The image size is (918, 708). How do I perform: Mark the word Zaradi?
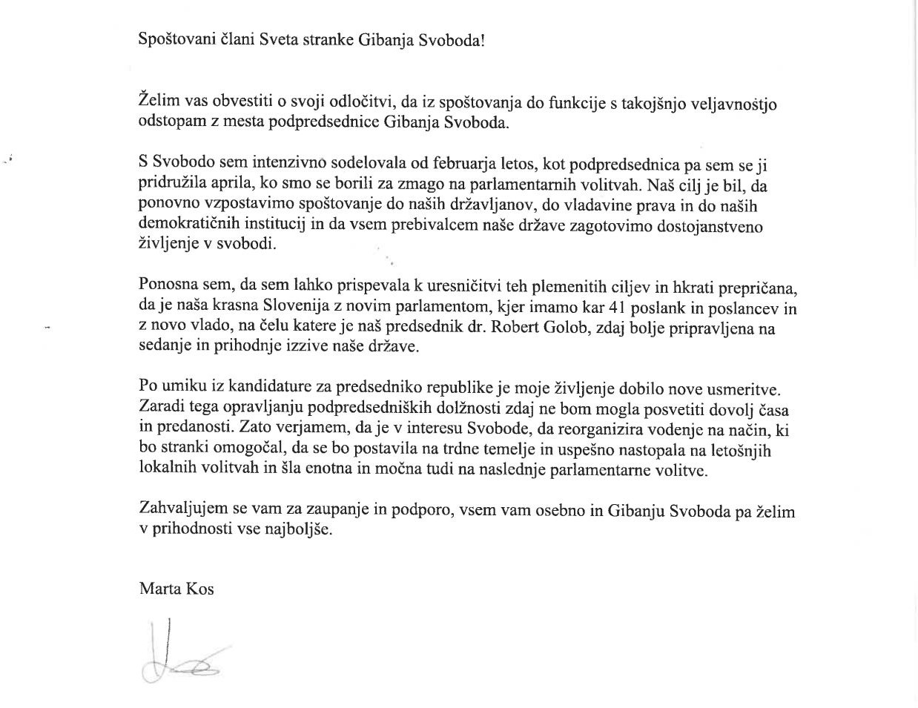click(x=159, y=408)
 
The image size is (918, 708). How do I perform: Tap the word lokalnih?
click(x=165, y=469)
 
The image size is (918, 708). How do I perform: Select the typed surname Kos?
click(x=200, y=589)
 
